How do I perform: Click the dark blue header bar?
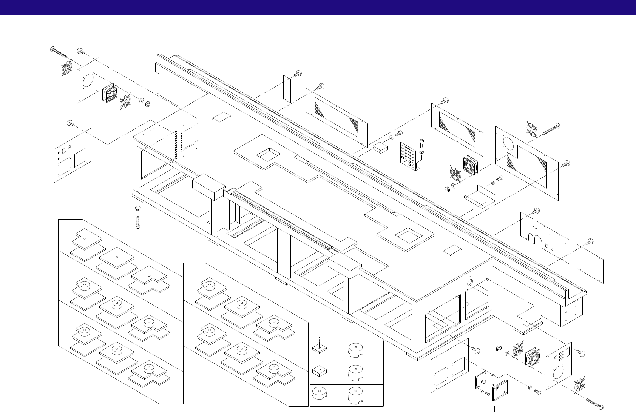click(x=318, y=8)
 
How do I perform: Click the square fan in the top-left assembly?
click(x=110, y=93)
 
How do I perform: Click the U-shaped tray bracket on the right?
click(x=480, y=196)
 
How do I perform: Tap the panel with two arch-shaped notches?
click(x=544, y=238)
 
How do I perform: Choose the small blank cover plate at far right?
click(x=590, y=263)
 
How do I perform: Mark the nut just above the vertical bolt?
click(x=138, y=208)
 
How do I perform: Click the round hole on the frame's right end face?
click(x=471, y=283)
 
